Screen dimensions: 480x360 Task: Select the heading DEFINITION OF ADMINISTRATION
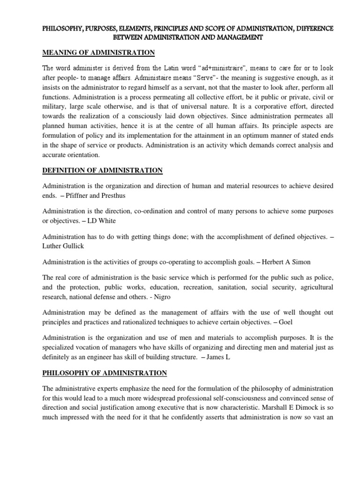coord(102,170)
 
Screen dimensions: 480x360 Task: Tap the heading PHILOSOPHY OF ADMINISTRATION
coord(105,373)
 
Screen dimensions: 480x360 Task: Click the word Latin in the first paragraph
coord(186,70)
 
